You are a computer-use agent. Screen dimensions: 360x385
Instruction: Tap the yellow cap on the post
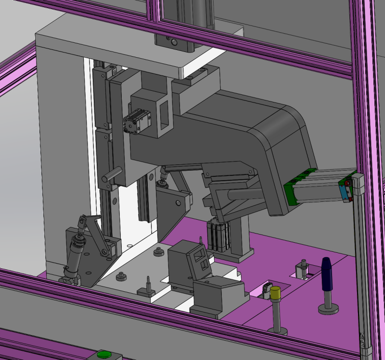click(x=275, y=293)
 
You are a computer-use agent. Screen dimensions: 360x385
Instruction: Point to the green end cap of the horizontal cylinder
click(x=291, y=190)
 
